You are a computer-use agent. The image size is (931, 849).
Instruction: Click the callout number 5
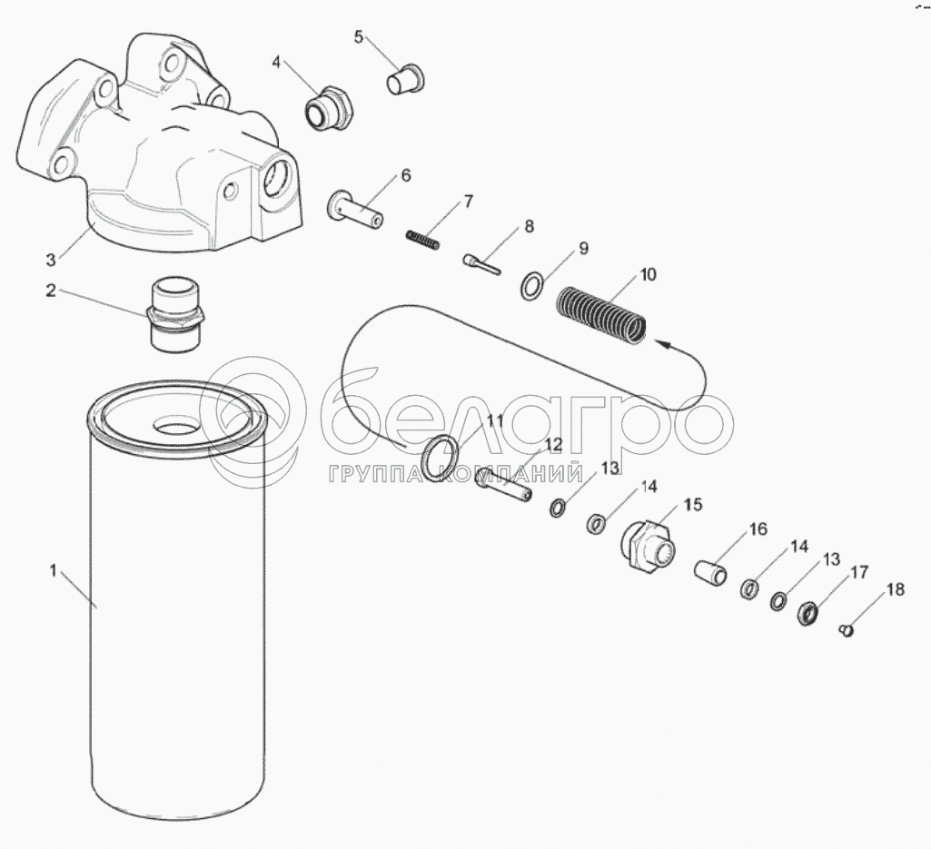(358, 37)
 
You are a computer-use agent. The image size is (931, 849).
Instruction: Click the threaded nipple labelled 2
(174, 316)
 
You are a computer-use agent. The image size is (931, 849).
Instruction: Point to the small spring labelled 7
(423, 239)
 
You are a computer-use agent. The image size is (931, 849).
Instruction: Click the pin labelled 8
(481, 263)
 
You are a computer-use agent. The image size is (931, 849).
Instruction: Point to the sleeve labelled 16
(711, 575)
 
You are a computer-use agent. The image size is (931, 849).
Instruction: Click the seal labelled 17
(808, 613)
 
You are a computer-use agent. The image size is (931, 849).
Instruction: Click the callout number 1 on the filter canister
(54, 571)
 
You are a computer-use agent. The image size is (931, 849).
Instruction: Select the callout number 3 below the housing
(51, 260)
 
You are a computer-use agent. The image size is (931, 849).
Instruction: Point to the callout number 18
(896, 589)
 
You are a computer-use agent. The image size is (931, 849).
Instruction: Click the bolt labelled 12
(503, 485)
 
